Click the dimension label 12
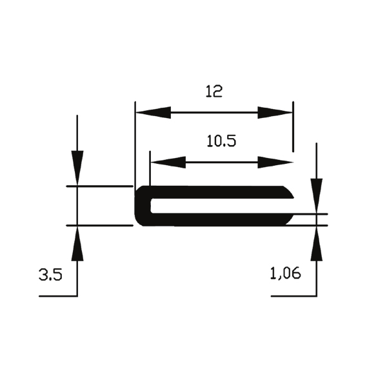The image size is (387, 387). pos(214,91)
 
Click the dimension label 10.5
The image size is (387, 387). pos(221,141)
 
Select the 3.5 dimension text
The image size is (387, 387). pos(50,275)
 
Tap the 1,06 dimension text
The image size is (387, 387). pos(286,273)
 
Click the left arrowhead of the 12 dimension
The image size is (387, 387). pos(154,112)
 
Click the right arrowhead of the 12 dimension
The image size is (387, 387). pos(275,112)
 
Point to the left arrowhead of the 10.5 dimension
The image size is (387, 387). pos(168,163)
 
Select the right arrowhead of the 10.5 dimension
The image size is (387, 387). pos(275,163)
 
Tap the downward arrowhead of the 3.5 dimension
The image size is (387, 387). pos(77,168)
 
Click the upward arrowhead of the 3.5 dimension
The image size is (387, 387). pos(77,244)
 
